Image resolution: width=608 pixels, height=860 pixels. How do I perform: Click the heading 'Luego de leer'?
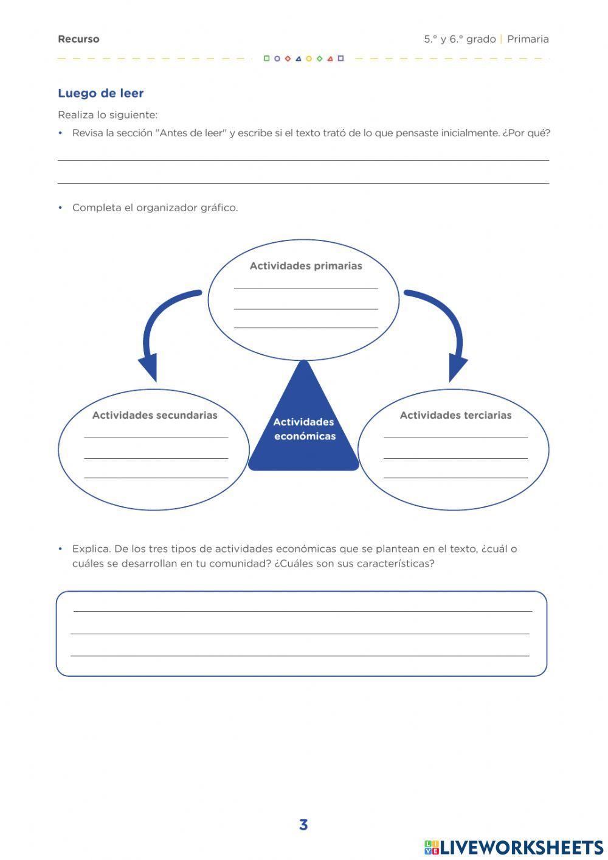tap(100, 93)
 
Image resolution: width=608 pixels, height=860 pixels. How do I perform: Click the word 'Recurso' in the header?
tap(78, 39)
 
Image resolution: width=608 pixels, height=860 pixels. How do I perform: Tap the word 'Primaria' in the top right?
tap(528, 39)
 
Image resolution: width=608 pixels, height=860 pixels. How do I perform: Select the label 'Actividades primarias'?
tap(306, 266)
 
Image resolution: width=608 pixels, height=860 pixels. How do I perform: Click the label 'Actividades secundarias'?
tap(154, 415)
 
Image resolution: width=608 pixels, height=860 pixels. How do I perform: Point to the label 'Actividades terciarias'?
tap(455, 415)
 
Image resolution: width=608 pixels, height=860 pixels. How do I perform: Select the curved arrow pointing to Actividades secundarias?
tap(155, 329)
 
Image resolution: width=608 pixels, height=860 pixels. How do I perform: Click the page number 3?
tap(303, 825)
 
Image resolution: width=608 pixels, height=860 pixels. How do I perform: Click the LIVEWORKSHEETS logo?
tap(514, 847)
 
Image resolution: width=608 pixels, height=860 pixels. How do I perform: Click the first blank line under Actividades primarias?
tap(306, 287)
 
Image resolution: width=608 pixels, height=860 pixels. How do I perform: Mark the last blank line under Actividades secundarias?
tap(156, 477)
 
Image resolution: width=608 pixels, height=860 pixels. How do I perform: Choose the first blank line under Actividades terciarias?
tap(455, 436)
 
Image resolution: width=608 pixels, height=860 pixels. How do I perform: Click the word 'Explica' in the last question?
tap(91, 548)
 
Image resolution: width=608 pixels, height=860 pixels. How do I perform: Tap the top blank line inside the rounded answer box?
tap(302, 610)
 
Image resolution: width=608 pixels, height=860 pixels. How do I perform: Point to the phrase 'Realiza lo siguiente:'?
tap(108, 115)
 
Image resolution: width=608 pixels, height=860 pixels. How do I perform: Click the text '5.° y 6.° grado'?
tap(460, 39)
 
